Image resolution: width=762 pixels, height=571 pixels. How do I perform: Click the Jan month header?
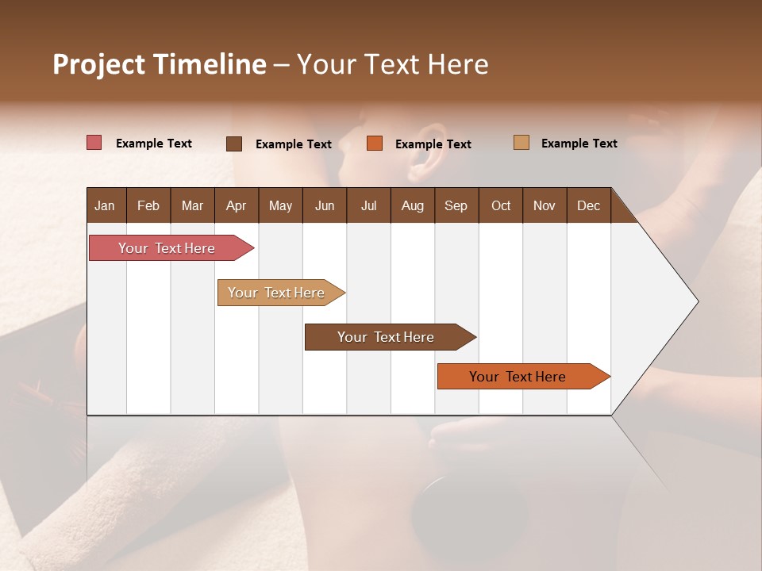tap(105, 205)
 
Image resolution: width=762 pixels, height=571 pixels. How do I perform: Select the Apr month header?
tap(236, 205)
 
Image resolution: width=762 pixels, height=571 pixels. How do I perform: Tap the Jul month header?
tap(368, 205)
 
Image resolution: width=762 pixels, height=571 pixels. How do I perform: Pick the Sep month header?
tap(456, 205)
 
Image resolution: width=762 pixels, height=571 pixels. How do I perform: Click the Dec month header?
tap(588, 205)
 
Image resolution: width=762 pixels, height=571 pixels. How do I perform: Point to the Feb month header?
tap(148, 205)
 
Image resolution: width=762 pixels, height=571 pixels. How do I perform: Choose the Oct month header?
tap(501, 205)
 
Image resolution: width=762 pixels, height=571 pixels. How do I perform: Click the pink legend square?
tap(94, 143)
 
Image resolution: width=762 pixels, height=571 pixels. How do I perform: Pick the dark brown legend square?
tap(233, 144)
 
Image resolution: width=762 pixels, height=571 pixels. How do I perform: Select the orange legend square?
tap(375, 144)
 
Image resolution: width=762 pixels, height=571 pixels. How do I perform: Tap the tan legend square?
tap(521, 143)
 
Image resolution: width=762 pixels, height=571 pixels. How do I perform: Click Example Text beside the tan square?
tap(579, 144)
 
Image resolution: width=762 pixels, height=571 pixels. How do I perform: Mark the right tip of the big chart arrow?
tap(697, 301)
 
